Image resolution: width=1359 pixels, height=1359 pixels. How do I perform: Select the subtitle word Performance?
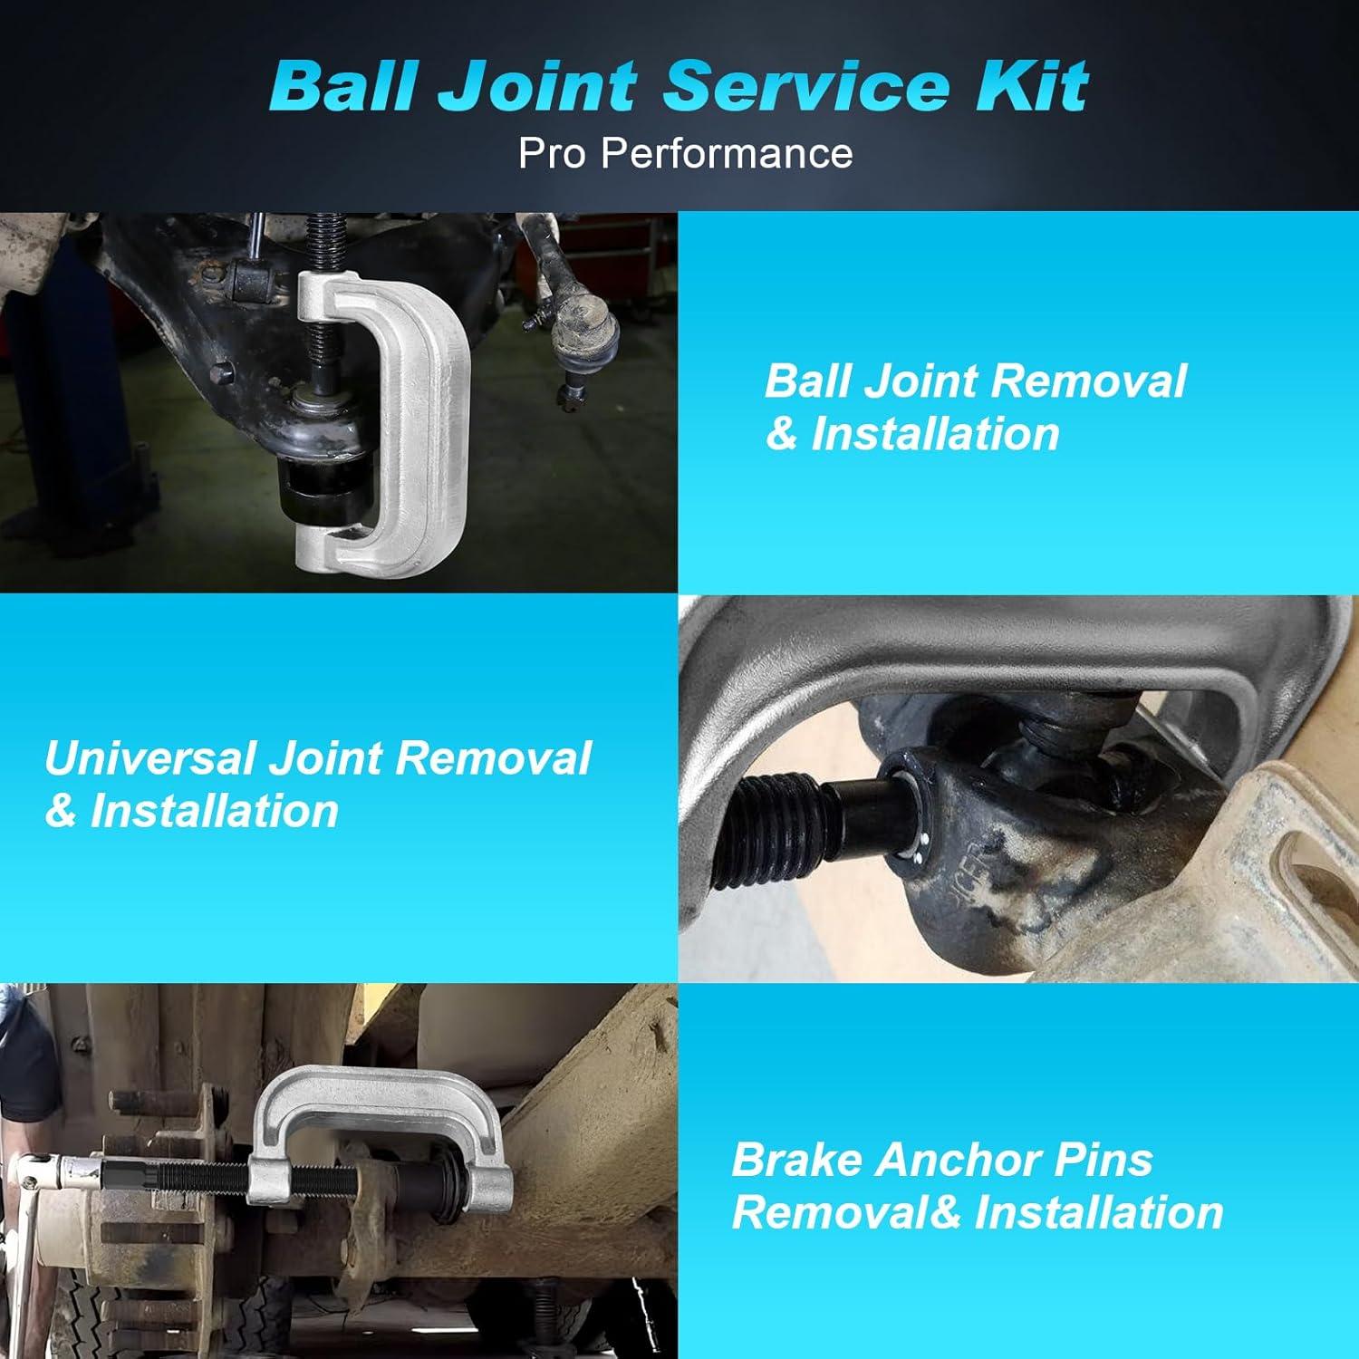click(x=727, y=153)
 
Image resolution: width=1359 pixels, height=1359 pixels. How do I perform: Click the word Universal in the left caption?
click(x=149, y=757)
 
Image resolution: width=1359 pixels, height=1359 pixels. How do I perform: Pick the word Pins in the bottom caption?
click(x=1113, y=1160)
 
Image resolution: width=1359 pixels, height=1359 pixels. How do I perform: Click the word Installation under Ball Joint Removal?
click(x=935, y=434)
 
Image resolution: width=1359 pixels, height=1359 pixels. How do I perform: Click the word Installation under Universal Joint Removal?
click(x=214, y=810)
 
